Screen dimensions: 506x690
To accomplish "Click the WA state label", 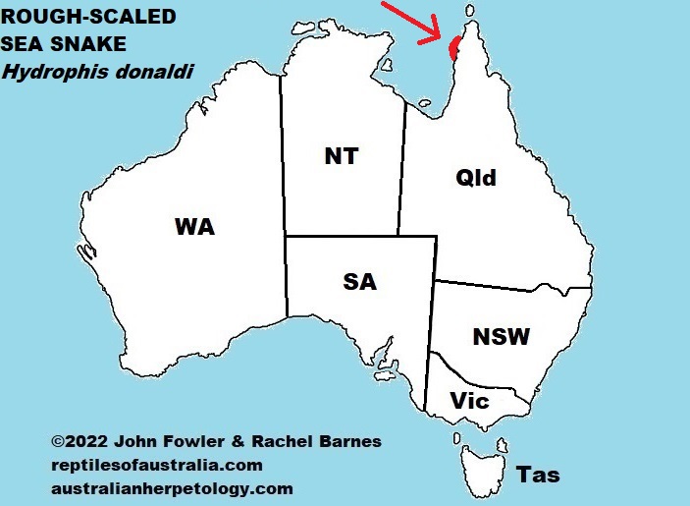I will coord(194,227).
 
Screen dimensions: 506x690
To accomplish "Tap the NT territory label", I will coord(341,156).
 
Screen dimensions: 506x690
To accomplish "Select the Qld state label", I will coord(476,178).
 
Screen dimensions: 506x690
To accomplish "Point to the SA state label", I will coord(360,282).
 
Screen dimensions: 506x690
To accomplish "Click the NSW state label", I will coord(501,337).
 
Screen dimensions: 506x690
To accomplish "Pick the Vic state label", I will coord(469,401).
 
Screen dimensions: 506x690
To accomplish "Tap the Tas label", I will coord(538,475).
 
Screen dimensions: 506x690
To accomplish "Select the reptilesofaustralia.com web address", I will coord(156,465).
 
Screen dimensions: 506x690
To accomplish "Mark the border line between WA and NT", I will coord(284,157).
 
